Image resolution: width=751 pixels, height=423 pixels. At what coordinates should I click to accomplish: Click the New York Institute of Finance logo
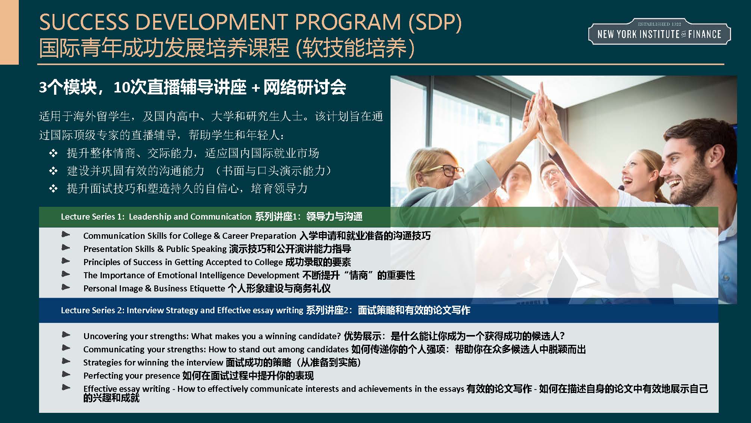[659, 32]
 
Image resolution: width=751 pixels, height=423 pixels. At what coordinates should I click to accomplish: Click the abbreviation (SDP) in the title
[435, 22]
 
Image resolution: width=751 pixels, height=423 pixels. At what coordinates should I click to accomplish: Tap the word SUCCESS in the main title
[84, 22]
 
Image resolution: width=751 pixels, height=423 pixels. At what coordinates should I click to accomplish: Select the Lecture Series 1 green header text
[211, 217]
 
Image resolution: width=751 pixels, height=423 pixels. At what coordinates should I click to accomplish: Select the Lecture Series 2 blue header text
[265, 310]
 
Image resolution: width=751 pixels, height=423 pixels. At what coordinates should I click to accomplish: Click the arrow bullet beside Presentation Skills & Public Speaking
[66, 247]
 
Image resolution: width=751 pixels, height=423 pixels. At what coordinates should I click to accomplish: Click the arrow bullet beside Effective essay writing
[66, 387]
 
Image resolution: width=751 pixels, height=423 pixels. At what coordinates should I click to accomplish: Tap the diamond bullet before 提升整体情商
[53, 153]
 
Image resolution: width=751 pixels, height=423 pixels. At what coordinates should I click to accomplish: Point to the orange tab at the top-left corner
[9, 32]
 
